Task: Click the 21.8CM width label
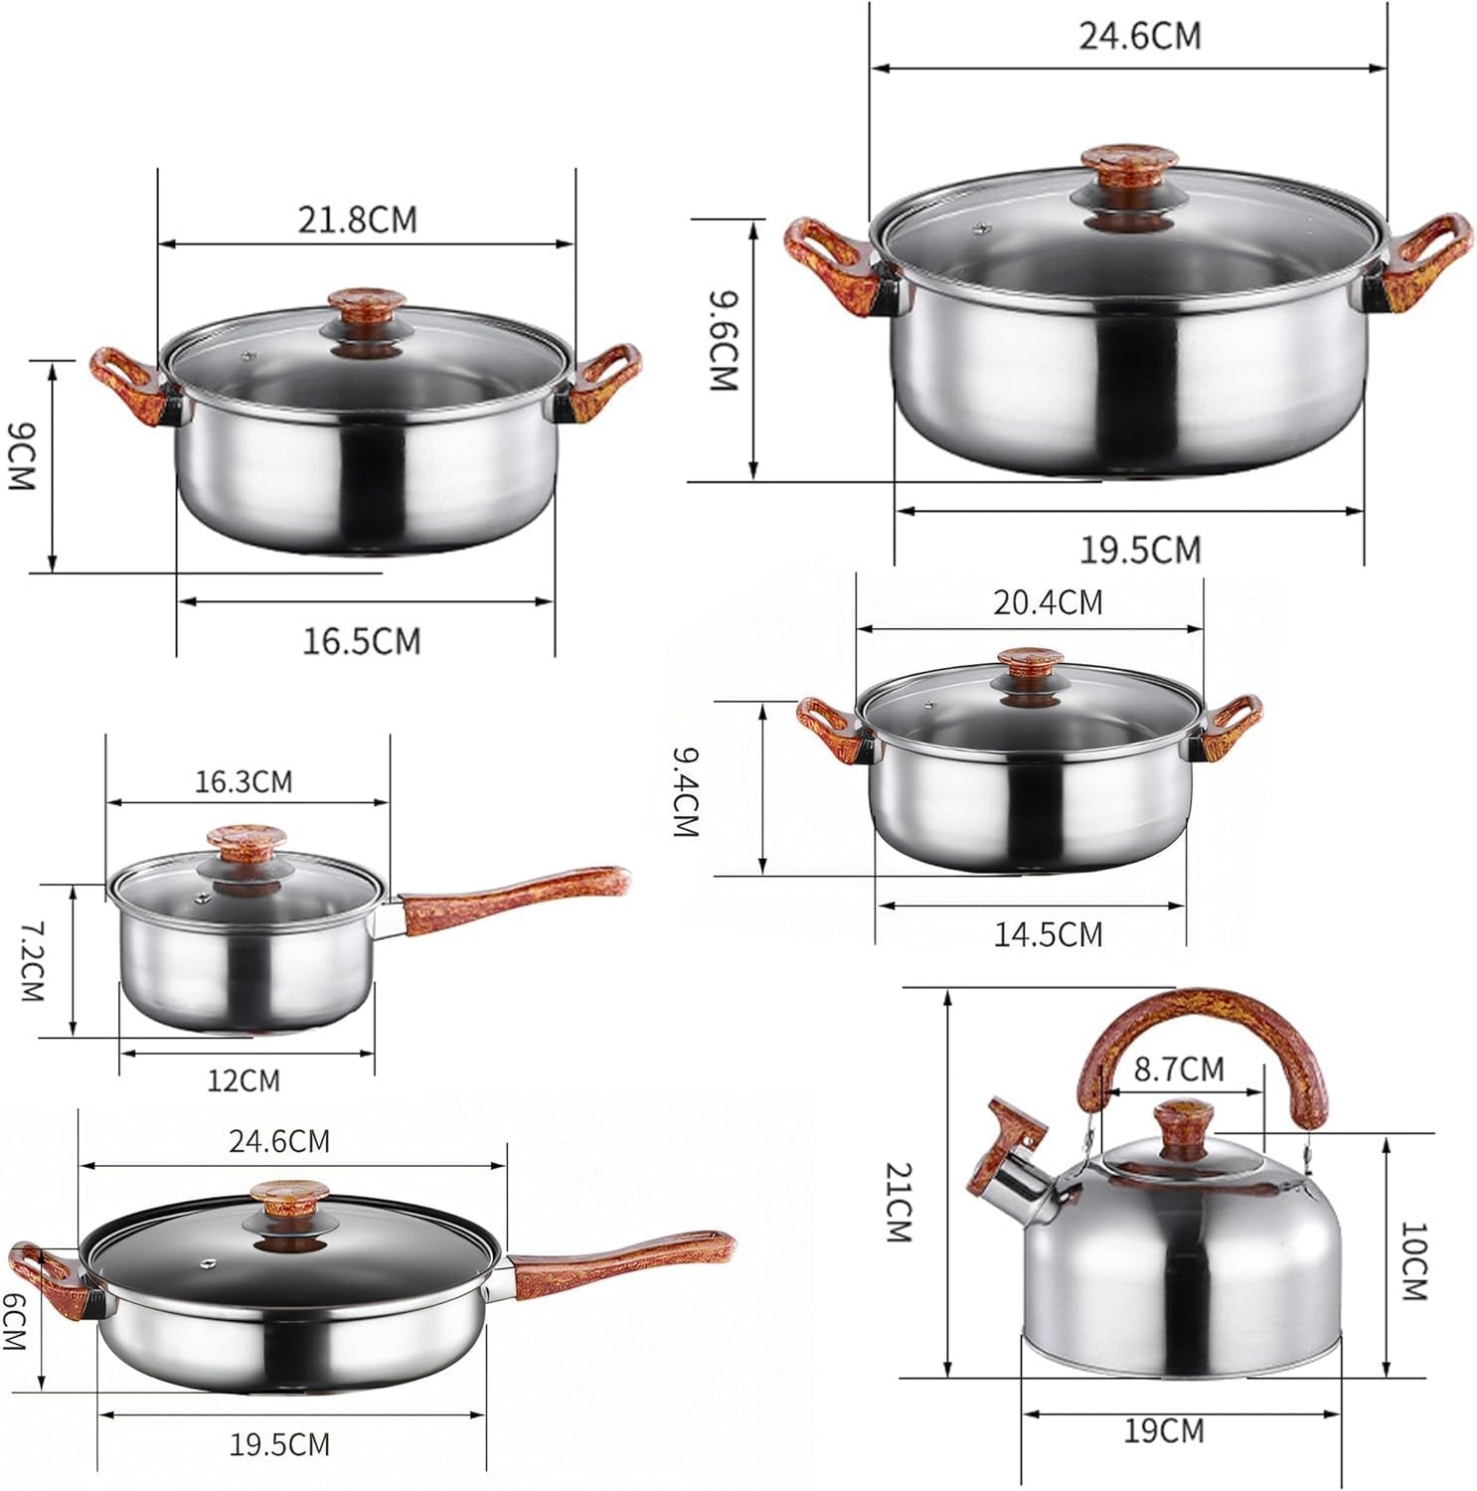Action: pos(357,219)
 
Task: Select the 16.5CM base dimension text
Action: pos(362,641)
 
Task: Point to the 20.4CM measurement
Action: pos(1048,602)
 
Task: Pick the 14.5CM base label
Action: pos(1049,934)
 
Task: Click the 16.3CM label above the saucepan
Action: pos(244,781)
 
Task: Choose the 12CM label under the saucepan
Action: pos(244,1079)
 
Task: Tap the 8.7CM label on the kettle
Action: pos(1179,1070)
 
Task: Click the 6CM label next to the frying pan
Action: pos(14,1328)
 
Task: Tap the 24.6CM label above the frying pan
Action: pos(279,1141)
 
